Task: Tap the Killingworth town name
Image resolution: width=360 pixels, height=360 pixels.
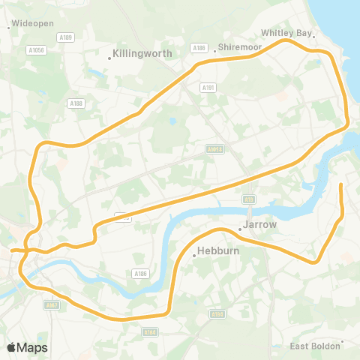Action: tap(144, 54)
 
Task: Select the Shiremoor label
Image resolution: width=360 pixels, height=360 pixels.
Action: tap(239, 46)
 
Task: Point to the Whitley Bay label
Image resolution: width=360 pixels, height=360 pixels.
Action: tap(285, 33)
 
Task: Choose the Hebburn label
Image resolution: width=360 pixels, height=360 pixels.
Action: tap(218, 251)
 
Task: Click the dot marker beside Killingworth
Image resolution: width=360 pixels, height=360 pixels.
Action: tap(109, 55)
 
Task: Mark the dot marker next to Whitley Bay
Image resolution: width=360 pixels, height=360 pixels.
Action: tap(315, 35)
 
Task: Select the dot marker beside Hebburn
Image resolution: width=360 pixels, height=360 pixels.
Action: tap(193, 255)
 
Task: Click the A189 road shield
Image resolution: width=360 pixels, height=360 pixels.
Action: tap(67, 37)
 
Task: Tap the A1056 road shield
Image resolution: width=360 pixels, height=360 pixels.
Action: tap(37, 49)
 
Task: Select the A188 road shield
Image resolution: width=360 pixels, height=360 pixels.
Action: tap(75, 103)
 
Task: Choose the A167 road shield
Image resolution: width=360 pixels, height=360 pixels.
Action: tap(51, 305)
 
